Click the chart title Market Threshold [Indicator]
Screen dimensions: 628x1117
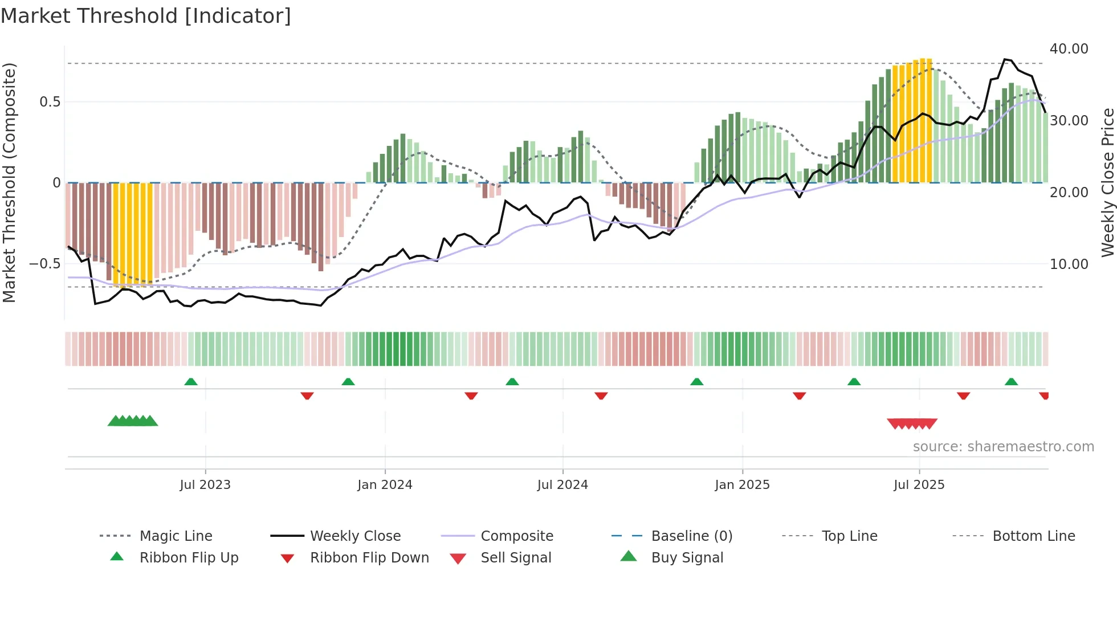coord(146,16)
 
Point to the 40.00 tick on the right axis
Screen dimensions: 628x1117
coord(1069,49)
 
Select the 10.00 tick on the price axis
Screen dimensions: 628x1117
coord(1069,264)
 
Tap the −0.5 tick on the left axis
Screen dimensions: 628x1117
coord(44,264)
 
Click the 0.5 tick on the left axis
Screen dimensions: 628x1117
coord(50,102)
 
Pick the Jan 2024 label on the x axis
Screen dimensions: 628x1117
coord(385,485)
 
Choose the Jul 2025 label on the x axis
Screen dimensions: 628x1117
coord(919,485)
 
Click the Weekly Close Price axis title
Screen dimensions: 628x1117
coord(1107,182)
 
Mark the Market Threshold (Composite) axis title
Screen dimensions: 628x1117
coord(9,182)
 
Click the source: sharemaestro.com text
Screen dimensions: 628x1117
coord(1003,447)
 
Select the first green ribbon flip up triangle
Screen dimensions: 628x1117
coord(191,382)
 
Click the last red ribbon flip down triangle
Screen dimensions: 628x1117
coord(1044,395)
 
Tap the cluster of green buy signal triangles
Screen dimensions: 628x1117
coord(133,421)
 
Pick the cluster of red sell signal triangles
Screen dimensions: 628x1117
coord(912,423)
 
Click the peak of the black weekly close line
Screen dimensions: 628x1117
coord(1005,59)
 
